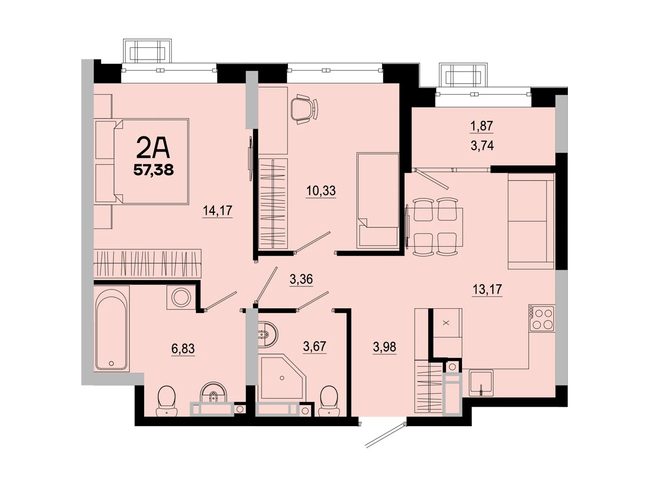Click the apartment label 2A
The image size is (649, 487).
coord(153,147)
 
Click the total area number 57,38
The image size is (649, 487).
coord(154,170)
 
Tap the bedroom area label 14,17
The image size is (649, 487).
coord(217,210)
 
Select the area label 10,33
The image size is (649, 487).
coord(321,190)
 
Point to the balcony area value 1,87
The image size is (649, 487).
coord(481,126)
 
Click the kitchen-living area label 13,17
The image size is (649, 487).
coord(487,289)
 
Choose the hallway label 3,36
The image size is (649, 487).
coord(301,279)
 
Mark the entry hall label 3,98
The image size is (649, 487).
coord(384,347)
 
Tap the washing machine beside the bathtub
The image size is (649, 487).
coord(181,297)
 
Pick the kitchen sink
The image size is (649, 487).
coord(481,382)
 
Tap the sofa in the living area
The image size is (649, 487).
coord(531,221)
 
